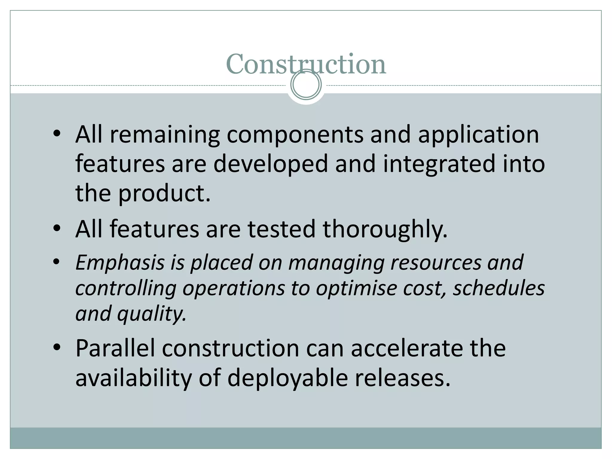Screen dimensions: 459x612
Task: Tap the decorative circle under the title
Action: click(x=306, y=85)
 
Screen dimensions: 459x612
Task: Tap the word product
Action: click(x=164, y=194)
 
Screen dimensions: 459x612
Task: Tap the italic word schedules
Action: click(x=498, y=288)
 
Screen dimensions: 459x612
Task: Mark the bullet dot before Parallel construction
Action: click(x=57, y=348)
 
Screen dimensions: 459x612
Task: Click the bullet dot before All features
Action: click(x=57, y=229)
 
